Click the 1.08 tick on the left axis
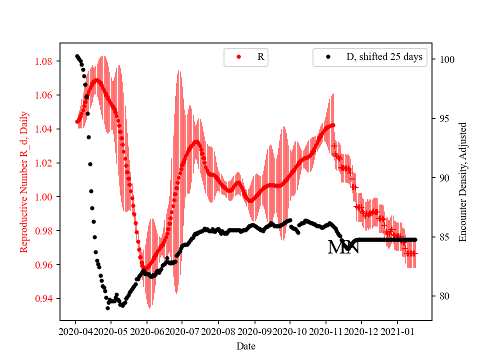point(47,61)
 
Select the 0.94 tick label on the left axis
point(47,298)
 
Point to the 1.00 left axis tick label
point(47,197)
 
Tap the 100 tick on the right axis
point(443,59)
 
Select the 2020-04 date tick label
point(75,331)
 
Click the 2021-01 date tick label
point(397,331)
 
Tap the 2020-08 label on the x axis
point(218,331)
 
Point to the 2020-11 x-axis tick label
point(326,331)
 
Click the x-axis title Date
point(246,345)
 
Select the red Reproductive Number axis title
point(23,181)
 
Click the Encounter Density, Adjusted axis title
point(462,181)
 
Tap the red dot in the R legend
point(238,57)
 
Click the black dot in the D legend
point(327,57)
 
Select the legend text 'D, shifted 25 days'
point(384,57)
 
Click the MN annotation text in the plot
point(343,247)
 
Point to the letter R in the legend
point(260,57)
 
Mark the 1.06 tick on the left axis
point(47,95)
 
